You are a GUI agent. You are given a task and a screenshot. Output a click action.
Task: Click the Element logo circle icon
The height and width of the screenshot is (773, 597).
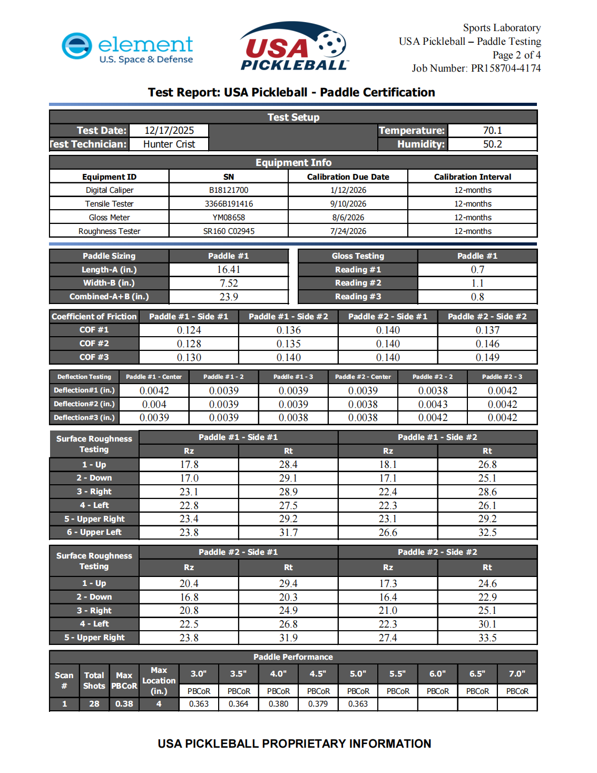[77, 46]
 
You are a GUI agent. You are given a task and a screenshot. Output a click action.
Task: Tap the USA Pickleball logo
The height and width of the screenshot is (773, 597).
[294, 46]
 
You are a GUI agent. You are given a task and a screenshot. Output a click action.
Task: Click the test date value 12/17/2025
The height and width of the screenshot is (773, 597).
[169, 131]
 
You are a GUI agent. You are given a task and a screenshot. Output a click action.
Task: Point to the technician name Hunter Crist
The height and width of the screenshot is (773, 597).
[169, 144]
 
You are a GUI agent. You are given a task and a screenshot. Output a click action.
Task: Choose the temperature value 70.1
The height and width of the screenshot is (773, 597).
[492, 131]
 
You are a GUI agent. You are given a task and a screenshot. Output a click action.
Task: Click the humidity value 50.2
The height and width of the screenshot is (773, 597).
[492, 144]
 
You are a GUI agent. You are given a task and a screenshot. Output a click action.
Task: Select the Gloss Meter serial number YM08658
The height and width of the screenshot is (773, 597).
[229, 218]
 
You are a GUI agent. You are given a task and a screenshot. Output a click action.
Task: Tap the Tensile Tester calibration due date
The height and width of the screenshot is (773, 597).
[348, 204]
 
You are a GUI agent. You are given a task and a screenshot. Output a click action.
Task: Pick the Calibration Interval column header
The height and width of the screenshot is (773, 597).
[472, 177]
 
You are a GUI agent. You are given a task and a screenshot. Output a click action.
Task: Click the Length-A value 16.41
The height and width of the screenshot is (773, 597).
[229, 270]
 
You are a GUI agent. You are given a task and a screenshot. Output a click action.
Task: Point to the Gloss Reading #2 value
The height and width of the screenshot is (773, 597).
[477, 283]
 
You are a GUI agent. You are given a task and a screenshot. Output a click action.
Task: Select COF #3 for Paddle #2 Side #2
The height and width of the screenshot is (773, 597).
[487, 358]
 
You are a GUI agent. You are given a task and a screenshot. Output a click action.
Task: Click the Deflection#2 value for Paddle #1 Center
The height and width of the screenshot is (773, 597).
[154, 405]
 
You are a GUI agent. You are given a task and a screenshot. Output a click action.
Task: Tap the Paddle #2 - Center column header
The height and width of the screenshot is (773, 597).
[363, 377]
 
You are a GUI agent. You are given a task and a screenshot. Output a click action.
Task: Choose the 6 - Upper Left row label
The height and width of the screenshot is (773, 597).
[94, 532]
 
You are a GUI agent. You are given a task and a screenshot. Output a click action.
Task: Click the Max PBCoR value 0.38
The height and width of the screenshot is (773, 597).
[124, 704]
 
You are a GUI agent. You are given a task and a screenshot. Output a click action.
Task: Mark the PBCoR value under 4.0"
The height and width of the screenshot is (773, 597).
[278, 704]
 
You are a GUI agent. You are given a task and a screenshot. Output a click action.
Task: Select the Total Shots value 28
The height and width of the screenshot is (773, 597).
[94, 704]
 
